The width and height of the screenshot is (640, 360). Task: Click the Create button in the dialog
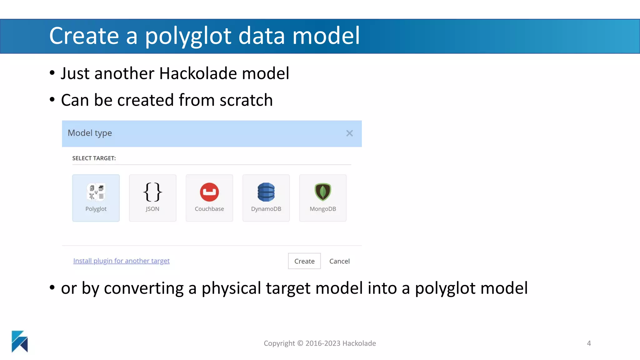[x=304, y=261]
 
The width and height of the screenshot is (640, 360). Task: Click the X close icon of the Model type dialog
[x=349, y=133]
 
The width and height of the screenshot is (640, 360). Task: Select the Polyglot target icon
[x=96, y=192]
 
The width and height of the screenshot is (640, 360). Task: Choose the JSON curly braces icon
[x=152, y=192]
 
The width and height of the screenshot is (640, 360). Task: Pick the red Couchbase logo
[x=209, y=192]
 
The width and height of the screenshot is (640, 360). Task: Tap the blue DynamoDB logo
[x=266, y=192]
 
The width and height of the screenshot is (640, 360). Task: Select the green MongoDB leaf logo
[x=323, y=192]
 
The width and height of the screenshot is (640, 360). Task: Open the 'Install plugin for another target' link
[x=121, y=261]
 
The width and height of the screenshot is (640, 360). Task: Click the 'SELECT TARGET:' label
[x=94, y=158]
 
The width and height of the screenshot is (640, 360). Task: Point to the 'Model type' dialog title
[x=90, y=133]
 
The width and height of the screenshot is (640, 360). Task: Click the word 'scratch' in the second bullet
[x=246, y=100]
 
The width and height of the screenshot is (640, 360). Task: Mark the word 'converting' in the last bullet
[x=144, y=288]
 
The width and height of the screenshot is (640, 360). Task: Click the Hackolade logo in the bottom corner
[x=20, y=341]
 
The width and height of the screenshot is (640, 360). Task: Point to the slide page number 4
[x=589, y=343]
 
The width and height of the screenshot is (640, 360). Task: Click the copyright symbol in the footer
[x=300, y=343]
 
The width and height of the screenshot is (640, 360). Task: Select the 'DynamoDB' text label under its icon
[x=266, y=209]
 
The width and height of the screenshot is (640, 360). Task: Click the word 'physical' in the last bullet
[x=231, y=288]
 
